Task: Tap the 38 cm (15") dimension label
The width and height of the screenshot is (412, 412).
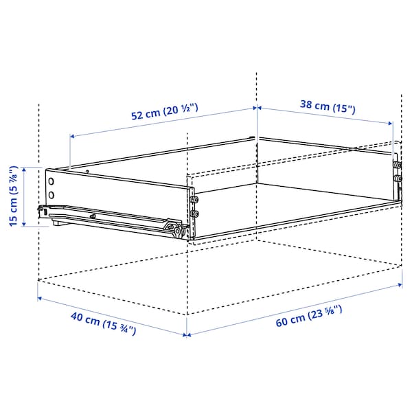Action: [x=328, y=106]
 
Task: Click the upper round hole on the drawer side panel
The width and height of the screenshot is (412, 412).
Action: [x=51, y=181]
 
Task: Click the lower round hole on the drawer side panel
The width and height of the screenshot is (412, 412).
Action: [x=51, y=195]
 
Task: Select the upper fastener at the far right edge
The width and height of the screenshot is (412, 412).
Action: [x=397, y=165]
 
